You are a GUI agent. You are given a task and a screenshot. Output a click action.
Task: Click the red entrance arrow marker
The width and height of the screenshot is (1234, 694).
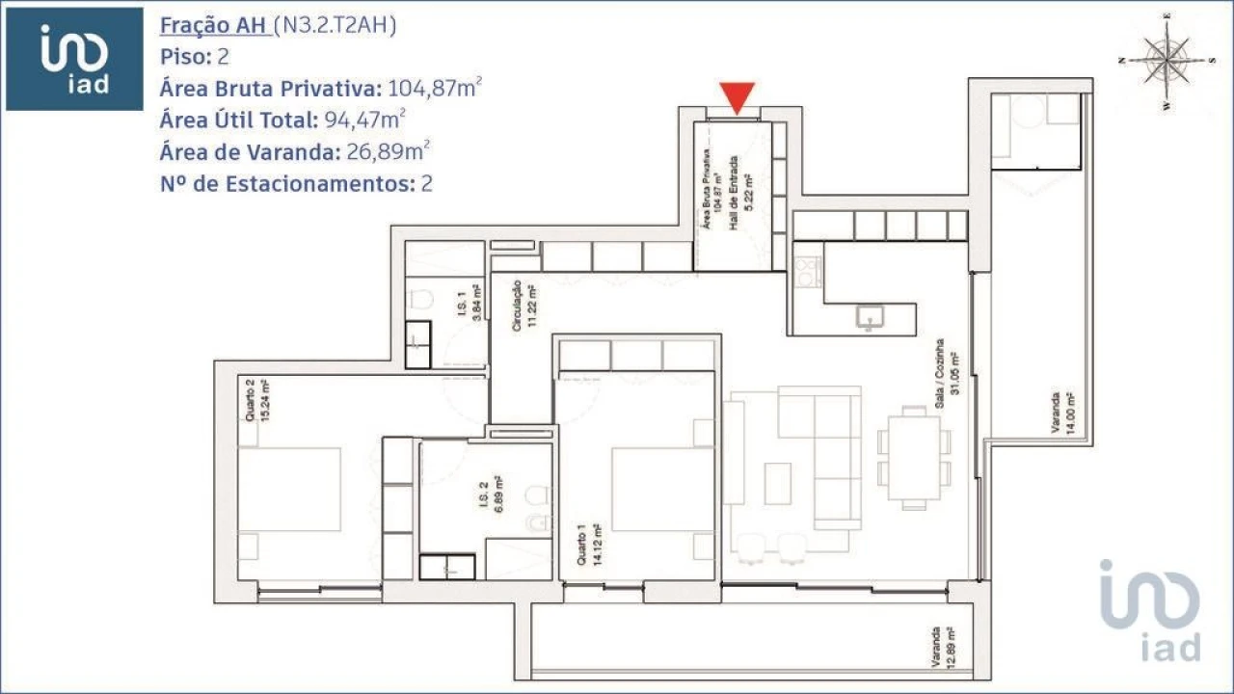738,98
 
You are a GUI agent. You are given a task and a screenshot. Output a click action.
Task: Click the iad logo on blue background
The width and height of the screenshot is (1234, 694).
74,59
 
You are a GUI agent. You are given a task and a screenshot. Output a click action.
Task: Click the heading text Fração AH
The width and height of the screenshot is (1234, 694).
213,26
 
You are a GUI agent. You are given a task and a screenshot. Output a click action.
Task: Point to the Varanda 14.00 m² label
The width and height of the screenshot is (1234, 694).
1063,414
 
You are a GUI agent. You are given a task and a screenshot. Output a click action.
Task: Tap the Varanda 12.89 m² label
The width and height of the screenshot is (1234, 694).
942,648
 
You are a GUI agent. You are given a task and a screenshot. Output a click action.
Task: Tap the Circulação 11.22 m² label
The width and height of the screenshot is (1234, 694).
523,307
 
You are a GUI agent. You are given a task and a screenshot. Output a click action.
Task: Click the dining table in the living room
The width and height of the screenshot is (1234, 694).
912,456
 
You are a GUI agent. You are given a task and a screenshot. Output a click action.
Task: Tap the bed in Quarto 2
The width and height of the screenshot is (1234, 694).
289,489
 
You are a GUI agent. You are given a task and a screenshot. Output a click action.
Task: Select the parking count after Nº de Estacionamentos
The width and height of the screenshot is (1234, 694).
426,184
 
